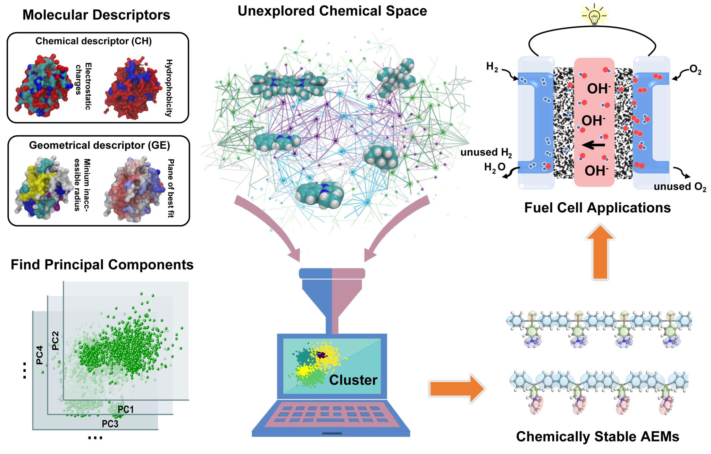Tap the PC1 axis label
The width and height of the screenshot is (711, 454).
click(126, 410)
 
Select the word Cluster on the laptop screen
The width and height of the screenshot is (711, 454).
click(353, 380)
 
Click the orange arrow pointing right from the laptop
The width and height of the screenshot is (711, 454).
click(457, 388)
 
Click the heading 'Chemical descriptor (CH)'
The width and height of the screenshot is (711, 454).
click(94, 41)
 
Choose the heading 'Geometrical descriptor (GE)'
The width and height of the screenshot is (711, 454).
click(99, 145)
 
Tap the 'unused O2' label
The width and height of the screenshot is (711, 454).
click(679, 187)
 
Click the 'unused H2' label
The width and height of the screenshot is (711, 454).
click(486, 152)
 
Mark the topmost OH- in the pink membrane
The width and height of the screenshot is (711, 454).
click(599, 89)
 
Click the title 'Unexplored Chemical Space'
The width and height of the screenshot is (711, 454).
click(332, 11)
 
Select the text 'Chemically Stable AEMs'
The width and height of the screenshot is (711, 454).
click(597, 436)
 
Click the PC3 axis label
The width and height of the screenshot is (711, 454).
click(110, 423)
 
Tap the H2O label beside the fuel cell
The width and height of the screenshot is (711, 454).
click(495, 168)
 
